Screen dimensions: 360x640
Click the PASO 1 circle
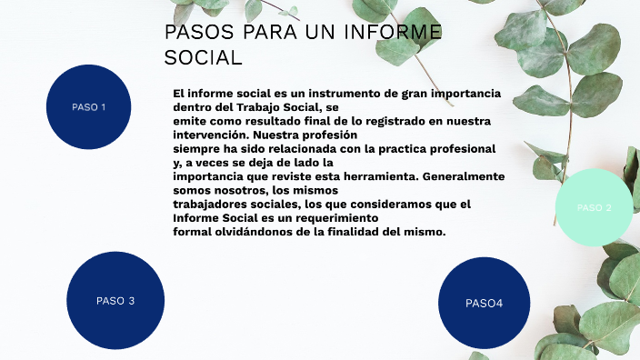(89, 106)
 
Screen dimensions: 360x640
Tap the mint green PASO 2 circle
(595, 208)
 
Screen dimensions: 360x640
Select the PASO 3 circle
(115, 300)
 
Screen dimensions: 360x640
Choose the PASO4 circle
(484, 303)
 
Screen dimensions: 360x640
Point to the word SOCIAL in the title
(203, 58)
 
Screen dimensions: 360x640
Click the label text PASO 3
(115, 301)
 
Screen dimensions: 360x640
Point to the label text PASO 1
(89, 107)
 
